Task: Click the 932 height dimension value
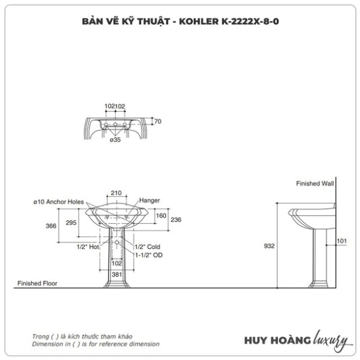[x=269, y=246]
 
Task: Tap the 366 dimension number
[x=51, y=226]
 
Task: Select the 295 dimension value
[x=71, y=223]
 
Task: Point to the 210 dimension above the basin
[x=116, y=193]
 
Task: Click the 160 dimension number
[x=161, y=216]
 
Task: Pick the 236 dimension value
[x=176, y=220]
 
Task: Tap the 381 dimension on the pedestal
[x=117, y=274]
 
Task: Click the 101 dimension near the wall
[x=342, y=241]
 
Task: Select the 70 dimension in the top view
[x=158, y=121]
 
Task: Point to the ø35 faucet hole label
[x=115, y=140]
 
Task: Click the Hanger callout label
[x=150, y=201]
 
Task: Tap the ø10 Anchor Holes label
[x=58, y=202]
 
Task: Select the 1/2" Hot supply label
[x=88, y=247]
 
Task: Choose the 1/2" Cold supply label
[x=147, y=247]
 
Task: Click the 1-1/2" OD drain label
[x=149, y=255]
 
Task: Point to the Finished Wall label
[x=315, y=183]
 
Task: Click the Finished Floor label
[x=37, y=283]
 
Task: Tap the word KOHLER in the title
[x=199, y=21]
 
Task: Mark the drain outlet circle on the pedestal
[x=117, y=242]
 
